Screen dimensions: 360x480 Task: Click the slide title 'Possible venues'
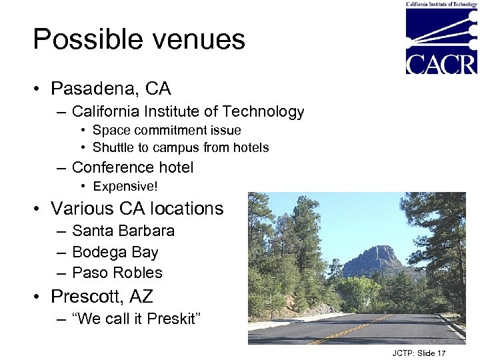coord(139,40)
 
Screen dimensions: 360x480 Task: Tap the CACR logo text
coord(441,63)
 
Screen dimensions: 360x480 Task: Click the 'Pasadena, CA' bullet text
coord(111,89)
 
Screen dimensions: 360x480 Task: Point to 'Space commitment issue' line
coord(167,130)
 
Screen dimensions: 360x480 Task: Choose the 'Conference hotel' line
coord(132,167)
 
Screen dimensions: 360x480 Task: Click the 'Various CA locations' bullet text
coord(137,209)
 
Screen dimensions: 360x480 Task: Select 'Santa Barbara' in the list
coord(123,231)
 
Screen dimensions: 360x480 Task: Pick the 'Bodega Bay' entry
coord(115,252)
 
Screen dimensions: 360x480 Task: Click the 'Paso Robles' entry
coord(117,273)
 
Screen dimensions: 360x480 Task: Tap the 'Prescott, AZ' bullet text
coord(101,296)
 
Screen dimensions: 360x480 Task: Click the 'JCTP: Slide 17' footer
coord(418,353)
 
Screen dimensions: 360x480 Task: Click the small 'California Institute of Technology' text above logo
coord(441,4)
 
